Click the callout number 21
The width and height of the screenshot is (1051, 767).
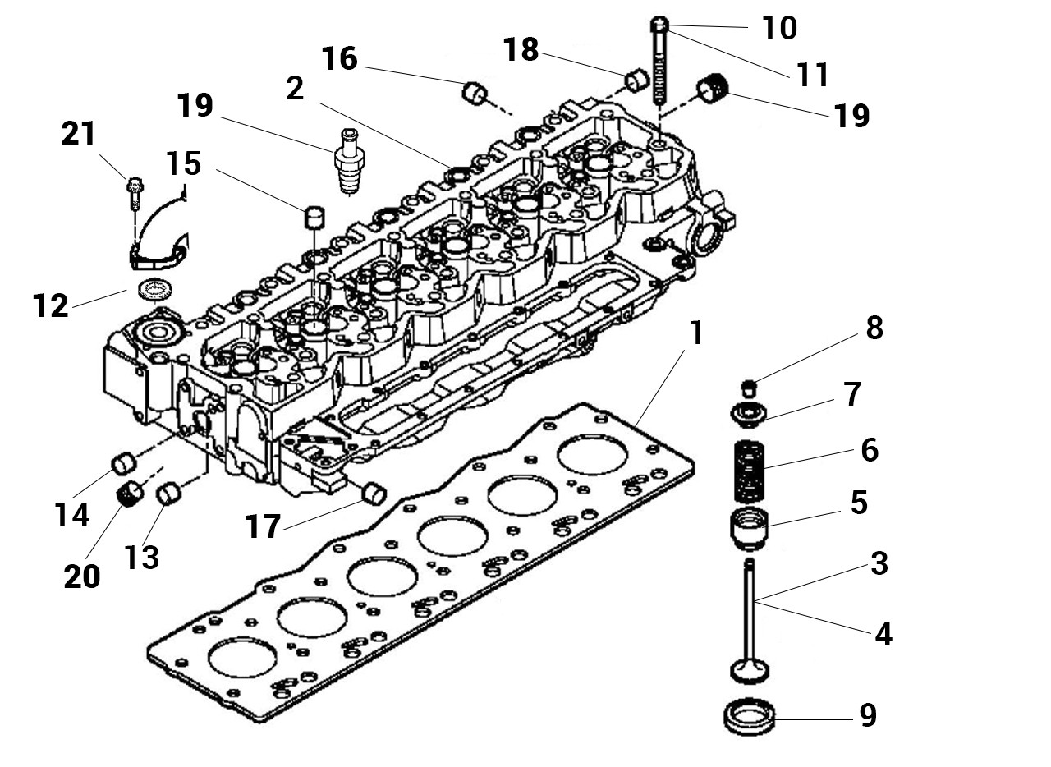point(79,133)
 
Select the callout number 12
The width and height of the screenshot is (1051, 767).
point(51,305)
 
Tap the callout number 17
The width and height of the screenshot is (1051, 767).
point(264,526)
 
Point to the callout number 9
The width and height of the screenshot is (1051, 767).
point(868,715)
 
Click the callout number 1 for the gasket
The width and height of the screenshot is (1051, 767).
point(697,333)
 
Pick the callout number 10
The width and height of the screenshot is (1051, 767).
point(779,28)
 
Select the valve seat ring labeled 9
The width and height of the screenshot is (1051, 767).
point(750,717)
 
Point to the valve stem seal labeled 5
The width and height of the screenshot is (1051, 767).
point(750,528)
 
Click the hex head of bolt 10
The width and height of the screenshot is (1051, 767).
point(659,24)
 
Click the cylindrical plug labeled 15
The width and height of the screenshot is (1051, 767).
point(314,217)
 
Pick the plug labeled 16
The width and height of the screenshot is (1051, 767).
point(475,94)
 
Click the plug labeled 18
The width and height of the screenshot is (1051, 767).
point(638,80)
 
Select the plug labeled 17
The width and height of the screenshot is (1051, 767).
point(374,494)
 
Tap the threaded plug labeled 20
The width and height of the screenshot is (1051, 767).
point(130,494)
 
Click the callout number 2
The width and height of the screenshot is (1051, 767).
point(295,88)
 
